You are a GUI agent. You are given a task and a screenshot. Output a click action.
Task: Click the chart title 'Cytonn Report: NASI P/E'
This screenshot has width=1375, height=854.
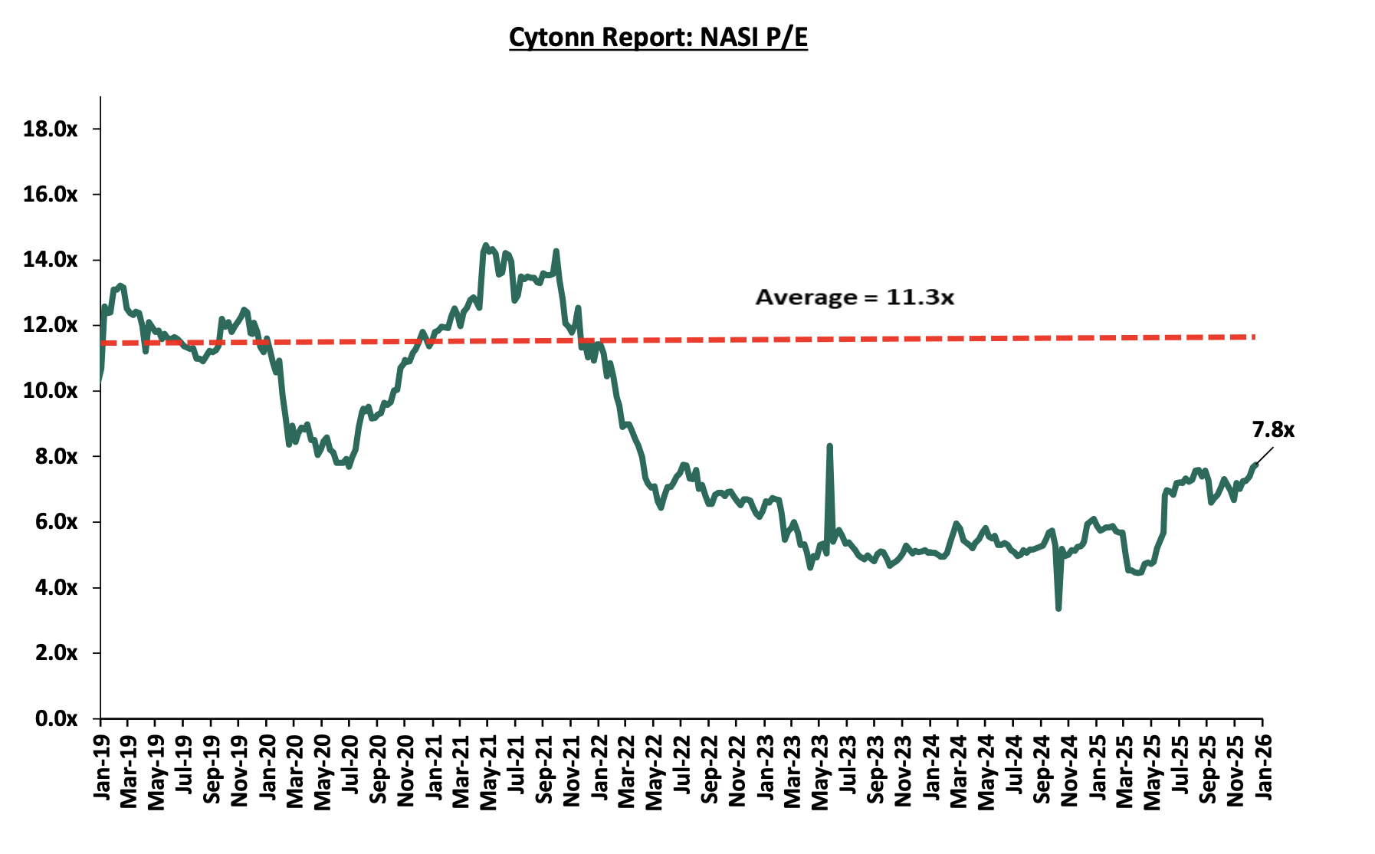point(658,37)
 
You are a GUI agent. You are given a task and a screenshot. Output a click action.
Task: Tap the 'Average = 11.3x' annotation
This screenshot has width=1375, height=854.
point(855,297)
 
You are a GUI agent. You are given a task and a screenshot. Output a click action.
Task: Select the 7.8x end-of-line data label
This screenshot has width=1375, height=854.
point(1273,430)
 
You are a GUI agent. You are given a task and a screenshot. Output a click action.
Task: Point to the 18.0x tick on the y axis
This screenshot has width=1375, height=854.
point(51,129)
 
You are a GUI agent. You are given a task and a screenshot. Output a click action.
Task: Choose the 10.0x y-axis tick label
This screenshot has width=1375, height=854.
point(51,391)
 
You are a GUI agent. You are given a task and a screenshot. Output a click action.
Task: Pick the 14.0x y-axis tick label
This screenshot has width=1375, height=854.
point(51,260)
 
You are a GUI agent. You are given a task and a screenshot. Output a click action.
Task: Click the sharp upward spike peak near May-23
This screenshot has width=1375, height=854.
point(829,445)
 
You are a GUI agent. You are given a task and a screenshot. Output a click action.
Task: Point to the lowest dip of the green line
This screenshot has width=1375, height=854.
point(1058,609)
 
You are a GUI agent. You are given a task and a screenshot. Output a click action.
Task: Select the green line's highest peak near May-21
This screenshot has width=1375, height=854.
point(484,245)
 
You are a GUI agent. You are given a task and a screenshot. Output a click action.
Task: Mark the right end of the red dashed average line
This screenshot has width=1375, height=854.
point(1254,337)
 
